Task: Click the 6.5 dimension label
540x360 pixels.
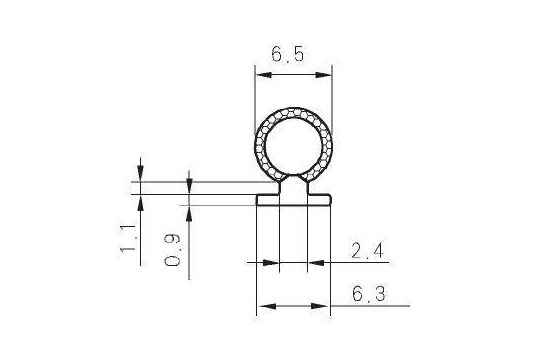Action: click(288, 54)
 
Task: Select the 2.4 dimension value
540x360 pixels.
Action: click(367, 250)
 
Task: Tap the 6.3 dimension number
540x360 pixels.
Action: click(368, 294)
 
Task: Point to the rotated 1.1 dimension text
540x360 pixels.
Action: click(127, 238)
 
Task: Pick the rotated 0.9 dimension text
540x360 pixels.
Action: click(172, 250)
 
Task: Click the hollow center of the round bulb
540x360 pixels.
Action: click(293, 147)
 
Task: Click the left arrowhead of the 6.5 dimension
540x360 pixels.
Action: click(263, 75)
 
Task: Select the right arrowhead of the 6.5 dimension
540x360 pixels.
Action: click(323, 75)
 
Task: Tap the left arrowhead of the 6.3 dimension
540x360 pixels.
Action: click(267, 306)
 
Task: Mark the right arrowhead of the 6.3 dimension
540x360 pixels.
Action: click(320, 306)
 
